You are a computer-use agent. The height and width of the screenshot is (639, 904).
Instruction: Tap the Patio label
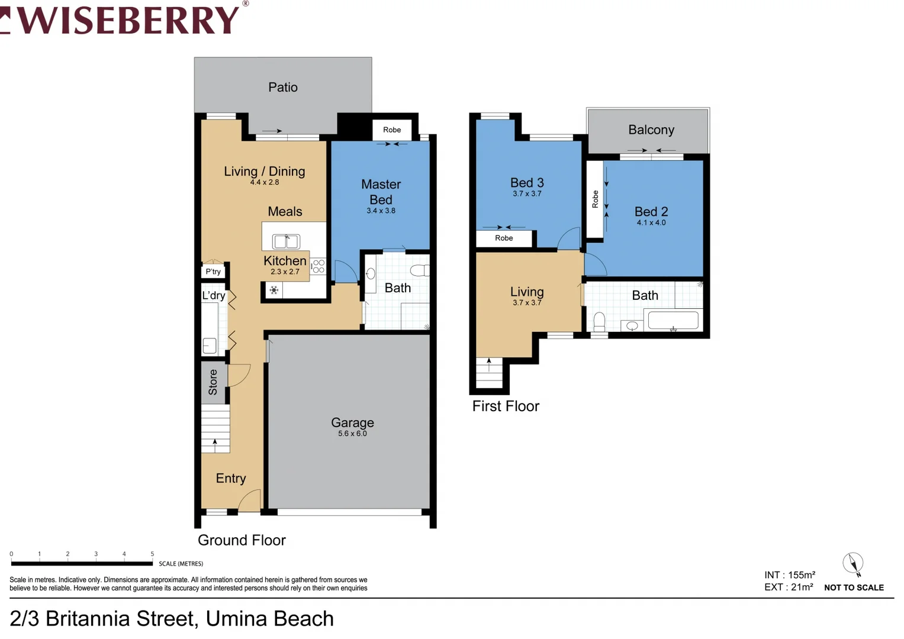[282, 87]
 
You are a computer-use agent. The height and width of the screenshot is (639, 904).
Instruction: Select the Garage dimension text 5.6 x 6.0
[352, 434]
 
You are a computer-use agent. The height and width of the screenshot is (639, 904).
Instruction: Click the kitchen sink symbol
[286, 241]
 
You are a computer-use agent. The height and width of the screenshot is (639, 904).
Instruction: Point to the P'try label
[213, 272]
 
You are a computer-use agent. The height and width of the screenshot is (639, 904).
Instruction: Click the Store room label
[213, 382]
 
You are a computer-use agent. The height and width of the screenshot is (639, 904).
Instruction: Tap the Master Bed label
[381, 192]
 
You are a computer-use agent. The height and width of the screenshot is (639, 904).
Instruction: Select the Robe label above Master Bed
[392, 130]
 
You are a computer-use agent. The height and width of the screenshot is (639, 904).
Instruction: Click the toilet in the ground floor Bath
[420, 271]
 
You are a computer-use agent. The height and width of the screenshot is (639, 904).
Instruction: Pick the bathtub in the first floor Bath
[673, 320]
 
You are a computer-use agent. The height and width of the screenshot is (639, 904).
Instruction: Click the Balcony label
[651, 130]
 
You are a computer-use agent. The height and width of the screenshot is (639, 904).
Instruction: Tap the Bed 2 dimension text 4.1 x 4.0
[651, 222]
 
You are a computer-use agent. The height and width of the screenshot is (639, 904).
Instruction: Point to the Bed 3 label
[527, 183]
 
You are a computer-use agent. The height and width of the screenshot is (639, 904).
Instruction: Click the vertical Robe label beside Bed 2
[595, 199]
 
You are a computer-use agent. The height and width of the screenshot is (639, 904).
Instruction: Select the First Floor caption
[506, 406]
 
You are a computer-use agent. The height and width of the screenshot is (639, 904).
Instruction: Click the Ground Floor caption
[242, 540]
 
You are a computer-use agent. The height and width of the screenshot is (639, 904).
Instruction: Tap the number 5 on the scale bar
[152, 554]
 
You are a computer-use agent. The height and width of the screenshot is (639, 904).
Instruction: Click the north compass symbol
[853, 563]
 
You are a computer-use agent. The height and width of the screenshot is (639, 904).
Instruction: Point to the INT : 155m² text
[789, 575]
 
